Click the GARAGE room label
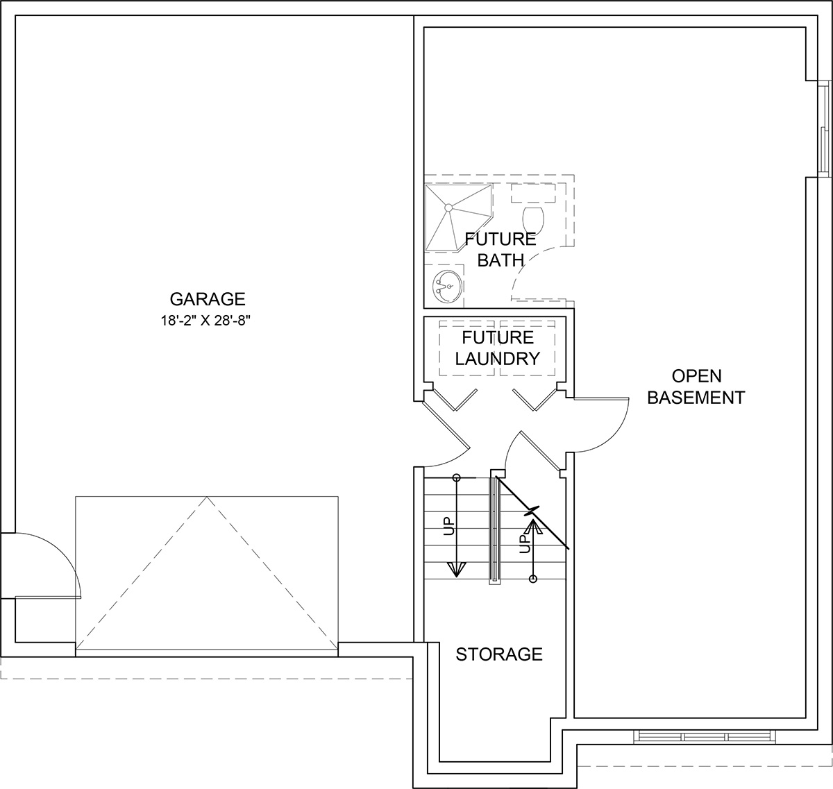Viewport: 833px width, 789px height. (x=208, y=299)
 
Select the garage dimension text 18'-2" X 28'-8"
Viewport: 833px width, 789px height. (x=205, y=321)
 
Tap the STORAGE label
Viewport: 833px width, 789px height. (x=499, y=654)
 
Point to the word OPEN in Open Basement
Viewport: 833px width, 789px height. (x=696, y=376)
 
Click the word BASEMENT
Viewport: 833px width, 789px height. (x=696, y=398)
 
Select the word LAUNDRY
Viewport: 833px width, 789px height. (x=498, y=359)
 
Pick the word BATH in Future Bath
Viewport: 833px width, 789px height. (x=500, y=260)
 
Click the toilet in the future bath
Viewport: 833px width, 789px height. (x=533, y=219)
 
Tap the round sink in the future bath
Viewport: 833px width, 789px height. (x=447, y=287)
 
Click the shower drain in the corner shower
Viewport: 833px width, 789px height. (x=448, y=207)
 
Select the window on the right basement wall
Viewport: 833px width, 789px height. (x=823, y=129)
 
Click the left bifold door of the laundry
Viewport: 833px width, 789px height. (x=456, y=400)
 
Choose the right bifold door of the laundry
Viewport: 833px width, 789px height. (x=535, y=400)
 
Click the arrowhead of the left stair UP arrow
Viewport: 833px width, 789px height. (x=456, y=570)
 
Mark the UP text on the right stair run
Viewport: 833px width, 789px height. (x=525, y=543)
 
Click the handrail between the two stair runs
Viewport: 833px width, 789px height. (x=494, y=530)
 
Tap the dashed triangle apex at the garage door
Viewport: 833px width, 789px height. (x=207, y=497)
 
